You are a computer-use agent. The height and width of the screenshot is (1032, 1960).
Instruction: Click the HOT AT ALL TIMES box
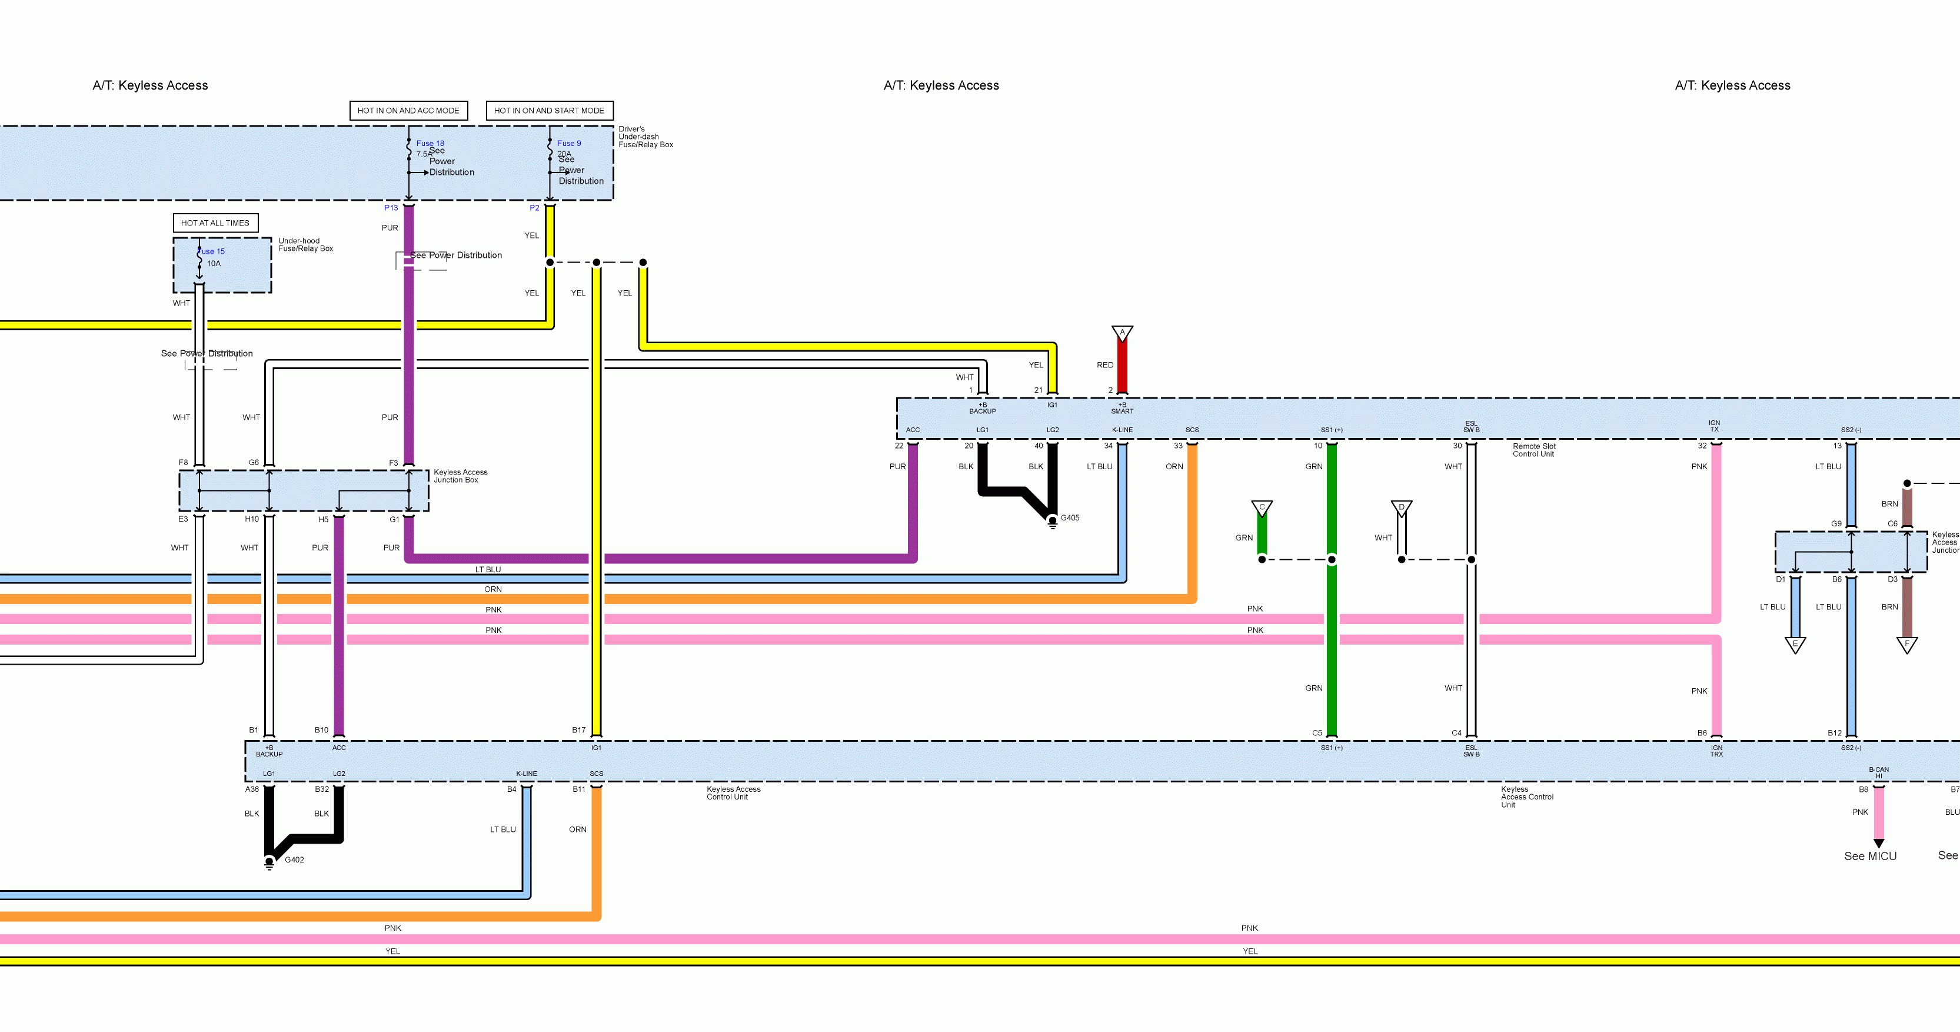coord(215,223)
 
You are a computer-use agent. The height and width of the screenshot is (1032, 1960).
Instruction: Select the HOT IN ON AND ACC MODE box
coord(408,110)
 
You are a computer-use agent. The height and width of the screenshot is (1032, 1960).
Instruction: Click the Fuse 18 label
coord(430,143)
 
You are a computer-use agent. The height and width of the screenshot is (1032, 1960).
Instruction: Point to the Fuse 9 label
coord(568,143)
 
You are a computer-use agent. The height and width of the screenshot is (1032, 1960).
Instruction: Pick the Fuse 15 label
coord(211,251)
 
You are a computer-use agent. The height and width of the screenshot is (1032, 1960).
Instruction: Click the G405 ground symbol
coord(1052,522)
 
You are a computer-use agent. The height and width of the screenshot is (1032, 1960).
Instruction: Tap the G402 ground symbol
coord(269,863)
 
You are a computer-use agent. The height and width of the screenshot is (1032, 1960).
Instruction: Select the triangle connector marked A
coord(1122,333)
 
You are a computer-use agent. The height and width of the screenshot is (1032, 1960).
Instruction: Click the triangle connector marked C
coord(1262,507)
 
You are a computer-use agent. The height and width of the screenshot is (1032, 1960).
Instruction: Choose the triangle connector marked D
coord(1402,507)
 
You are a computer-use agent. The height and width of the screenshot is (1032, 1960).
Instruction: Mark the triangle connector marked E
coord(1796,645)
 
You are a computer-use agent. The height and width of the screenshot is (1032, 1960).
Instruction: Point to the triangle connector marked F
coord(1906,645)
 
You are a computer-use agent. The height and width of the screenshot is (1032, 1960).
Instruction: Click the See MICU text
coord(1870,856)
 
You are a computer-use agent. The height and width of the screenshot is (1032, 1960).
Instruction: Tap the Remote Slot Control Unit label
coord(1534,450)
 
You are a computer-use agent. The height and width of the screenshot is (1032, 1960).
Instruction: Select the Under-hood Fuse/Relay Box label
coord(305,244)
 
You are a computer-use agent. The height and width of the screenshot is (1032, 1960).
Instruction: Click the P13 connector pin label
coord(391,208)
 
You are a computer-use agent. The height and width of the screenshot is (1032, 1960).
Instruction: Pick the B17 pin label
coord(579,730)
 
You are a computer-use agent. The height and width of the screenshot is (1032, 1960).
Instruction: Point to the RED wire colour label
coord(1105,366)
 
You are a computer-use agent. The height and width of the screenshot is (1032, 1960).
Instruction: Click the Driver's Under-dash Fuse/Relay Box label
coord(645,137)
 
